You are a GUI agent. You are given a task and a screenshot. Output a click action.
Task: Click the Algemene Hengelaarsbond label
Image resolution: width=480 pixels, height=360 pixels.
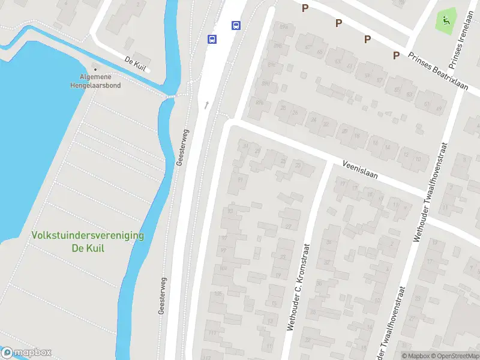[x=100, y=81]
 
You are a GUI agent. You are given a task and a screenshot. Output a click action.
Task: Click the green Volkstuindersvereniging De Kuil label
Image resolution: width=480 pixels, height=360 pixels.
[x=88, y=242]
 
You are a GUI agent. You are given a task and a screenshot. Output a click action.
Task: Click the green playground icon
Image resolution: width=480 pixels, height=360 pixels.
[x=446, y=20]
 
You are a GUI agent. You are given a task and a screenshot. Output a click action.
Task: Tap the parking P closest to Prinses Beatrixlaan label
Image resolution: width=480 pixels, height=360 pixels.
[x=396, y=55]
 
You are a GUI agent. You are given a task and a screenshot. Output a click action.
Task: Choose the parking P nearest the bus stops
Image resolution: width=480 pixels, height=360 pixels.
[x=305, y=8]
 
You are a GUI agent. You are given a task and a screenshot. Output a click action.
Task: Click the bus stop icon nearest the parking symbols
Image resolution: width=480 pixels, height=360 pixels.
[x=236, y=25]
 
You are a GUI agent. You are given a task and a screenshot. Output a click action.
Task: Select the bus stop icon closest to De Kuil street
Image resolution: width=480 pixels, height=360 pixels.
[x=212, y=39]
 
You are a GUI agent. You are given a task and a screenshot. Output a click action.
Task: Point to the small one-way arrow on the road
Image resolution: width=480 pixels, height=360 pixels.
[x=207, y=105]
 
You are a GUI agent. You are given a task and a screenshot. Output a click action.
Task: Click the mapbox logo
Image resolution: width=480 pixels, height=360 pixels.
[x=26, y=353]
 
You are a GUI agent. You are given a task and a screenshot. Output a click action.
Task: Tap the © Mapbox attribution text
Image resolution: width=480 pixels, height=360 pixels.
[x=415, y=356]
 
